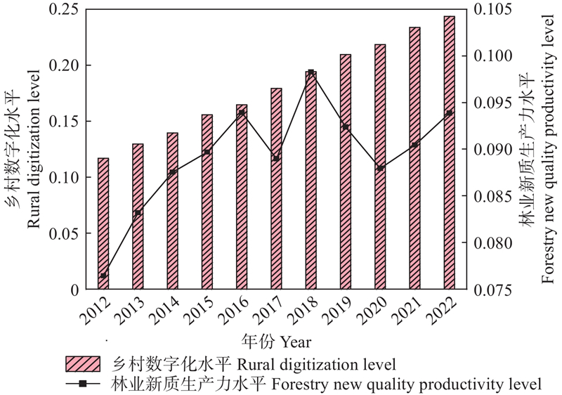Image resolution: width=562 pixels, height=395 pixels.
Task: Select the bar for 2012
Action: point(103,224)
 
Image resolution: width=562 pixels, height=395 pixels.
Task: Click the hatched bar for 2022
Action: point(449,153)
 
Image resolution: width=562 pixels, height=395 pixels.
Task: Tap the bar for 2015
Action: point(207,202)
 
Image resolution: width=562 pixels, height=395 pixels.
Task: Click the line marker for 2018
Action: point(311,72)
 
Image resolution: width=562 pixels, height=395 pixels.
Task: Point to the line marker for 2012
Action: point(103,276)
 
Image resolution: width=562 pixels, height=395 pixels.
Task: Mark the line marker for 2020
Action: point(380,169)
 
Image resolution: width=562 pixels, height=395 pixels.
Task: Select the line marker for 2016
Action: point(242,112)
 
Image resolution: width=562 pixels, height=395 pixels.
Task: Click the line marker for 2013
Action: point(138,212)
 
